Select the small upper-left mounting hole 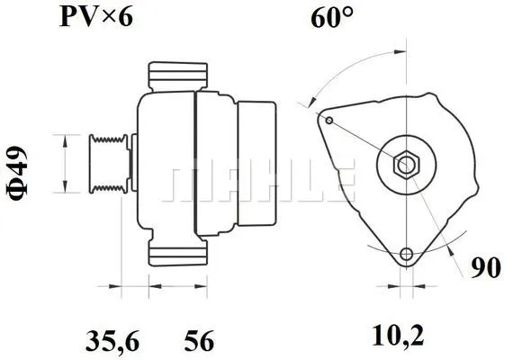(330, 121)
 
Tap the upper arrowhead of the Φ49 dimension (66, 138)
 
